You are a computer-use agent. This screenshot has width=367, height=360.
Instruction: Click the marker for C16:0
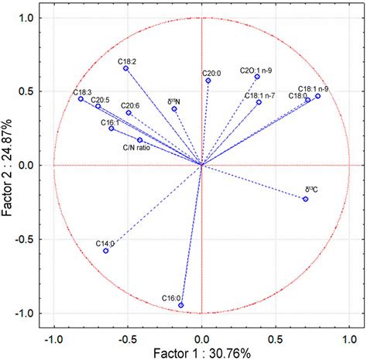click(x=181, y=305)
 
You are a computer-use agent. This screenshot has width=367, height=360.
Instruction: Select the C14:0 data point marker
click(x=106, y=251)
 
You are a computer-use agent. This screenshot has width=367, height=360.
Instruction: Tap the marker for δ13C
click(x=305, y=199)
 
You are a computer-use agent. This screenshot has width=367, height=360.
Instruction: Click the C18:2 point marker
click(x=126, y=68)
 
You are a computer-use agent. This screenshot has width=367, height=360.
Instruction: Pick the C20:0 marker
click(x=208, y=81)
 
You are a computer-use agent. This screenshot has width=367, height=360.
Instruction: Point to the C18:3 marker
click(x=81, y=98)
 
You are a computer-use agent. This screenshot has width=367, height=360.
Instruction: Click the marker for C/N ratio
click(x=140, y=140)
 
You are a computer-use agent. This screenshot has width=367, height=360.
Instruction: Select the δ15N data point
click(x=174, y=109)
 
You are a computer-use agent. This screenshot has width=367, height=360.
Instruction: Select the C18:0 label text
click(x=298, y=95)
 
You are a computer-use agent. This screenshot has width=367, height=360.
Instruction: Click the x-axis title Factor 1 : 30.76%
click(x=201, y=352)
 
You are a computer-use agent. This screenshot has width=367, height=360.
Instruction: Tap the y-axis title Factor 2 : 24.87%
click(x=9, y=164)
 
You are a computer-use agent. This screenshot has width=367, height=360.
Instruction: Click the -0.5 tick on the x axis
click(x=127, y=338)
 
